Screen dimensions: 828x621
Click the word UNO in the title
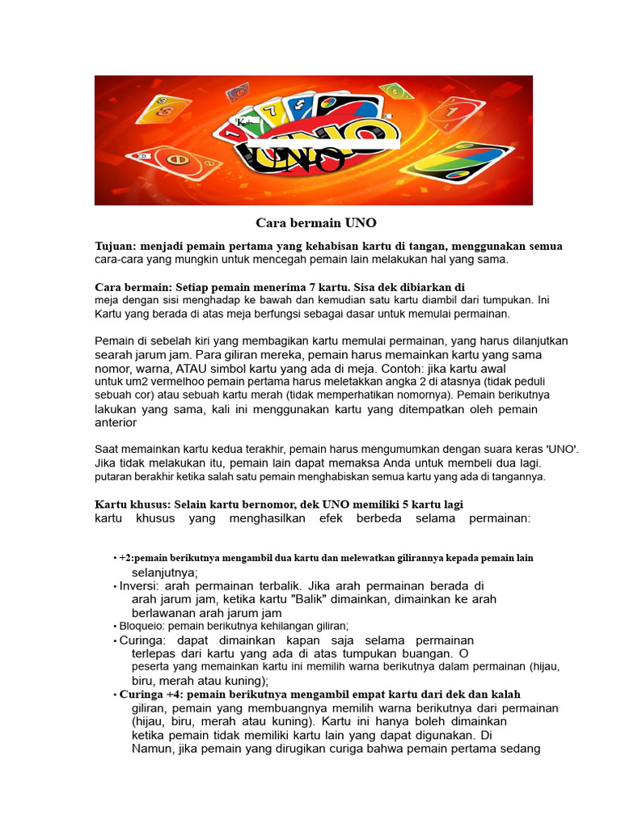click(x=360, y=222)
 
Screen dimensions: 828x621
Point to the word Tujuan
click(x=115, y=246)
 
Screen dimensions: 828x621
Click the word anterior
click(x=116, y=422)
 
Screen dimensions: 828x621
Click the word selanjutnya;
click(x=165, y=572)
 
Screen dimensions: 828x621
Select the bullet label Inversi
click(x=140, y=585)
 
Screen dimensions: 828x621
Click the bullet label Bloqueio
click(x=141, y=626)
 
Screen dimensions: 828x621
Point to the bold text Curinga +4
click(x=151, y=694)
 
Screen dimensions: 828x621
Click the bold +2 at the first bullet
click(x=126, y=558)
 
